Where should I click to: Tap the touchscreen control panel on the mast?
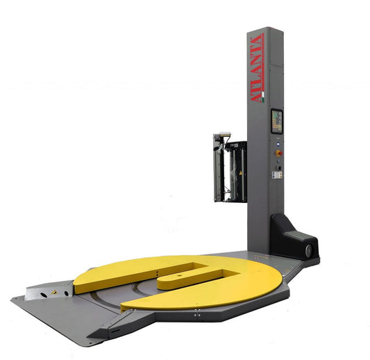point(276,122)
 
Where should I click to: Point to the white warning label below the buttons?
point(278,174)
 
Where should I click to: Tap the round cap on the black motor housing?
point(308,249)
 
